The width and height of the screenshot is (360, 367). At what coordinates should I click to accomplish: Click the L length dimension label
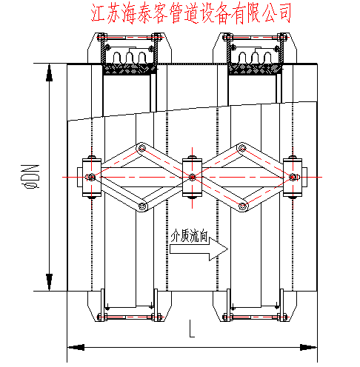191,331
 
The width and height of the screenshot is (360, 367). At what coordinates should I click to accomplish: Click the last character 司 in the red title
282,13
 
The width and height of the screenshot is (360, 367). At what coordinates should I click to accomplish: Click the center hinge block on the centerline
192,178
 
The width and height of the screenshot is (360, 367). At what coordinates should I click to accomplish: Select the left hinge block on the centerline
90,178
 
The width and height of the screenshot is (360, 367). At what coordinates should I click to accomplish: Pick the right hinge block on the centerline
294,178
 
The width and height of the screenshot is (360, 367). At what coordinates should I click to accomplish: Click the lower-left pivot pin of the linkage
144,205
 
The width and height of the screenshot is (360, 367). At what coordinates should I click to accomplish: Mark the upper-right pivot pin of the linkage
241,150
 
